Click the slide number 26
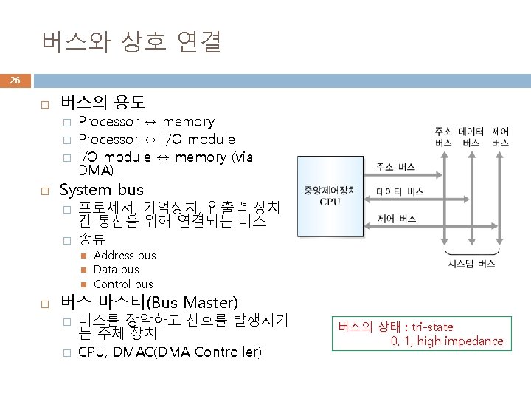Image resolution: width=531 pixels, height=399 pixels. coord(15,80)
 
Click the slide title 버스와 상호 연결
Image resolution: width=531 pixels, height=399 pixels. coord(131,42)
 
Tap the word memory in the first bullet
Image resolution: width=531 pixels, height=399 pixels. coord(188,122)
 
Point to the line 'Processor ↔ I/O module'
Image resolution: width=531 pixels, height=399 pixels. coord(156,139)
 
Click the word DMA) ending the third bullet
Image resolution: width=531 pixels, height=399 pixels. coord(96,171)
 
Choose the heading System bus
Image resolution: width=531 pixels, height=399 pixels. coord(101,190)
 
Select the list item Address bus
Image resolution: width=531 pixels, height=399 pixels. coord(125,255)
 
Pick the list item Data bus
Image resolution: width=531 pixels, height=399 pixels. coord(116,269)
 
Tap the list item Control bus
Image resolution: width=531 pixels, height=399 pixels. coord(123,284)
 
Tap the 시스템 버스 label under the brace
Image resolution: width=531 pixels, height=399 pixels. coord(471,263)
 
